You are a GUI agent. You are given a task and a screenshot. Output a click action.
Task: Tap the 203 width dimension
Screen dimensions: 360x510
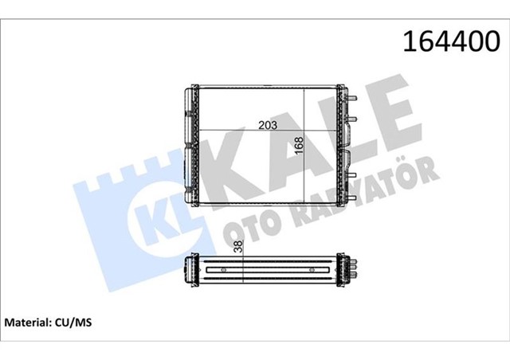[x=268, y=124]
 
